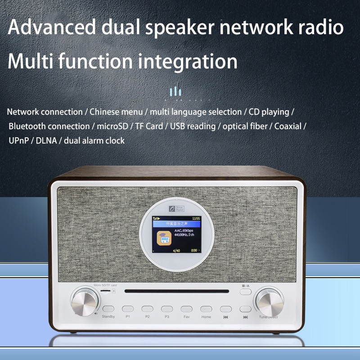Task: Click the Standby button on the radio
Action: coord(108,309)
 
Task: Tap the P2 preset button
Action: coord(148,309)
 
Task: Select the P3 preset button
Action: coord(167,309)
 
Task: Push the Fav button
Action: coord(186,309)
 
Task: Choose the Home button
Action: coord(206,309)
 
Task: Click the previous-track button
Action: coord(225,309)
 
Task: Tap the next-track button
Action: coord(245,309)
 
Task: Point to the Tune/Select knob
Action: coord(269,301)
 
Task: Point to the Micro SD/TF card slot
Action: coord(106,291)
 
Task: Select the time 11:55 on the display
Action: coord(196,219)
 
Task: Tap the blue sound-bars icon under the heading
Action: coord(175,93)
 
